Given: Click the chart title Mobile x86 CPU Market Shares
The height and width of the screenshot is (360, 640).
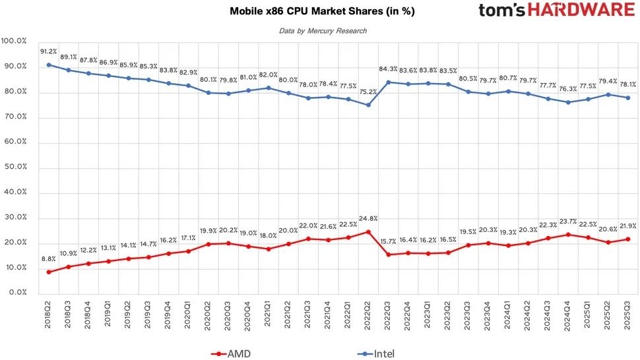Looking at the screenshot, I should click(323, 12).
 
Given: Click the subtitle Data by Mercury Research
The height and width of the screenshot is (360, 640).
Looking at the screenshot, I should click(323, 31).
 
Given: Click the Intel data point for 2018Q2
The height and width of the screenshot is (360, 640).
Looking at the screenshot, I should click(49, 65).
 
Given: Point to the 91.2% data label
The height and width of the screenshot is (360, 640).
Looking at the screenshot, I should click(49, 51).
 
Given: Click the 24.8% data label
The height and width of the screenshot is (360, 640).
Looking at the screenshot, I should click(367, 218).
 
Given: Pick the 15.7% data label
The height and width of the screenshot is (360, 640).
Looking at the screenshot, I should click(389, 241).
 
